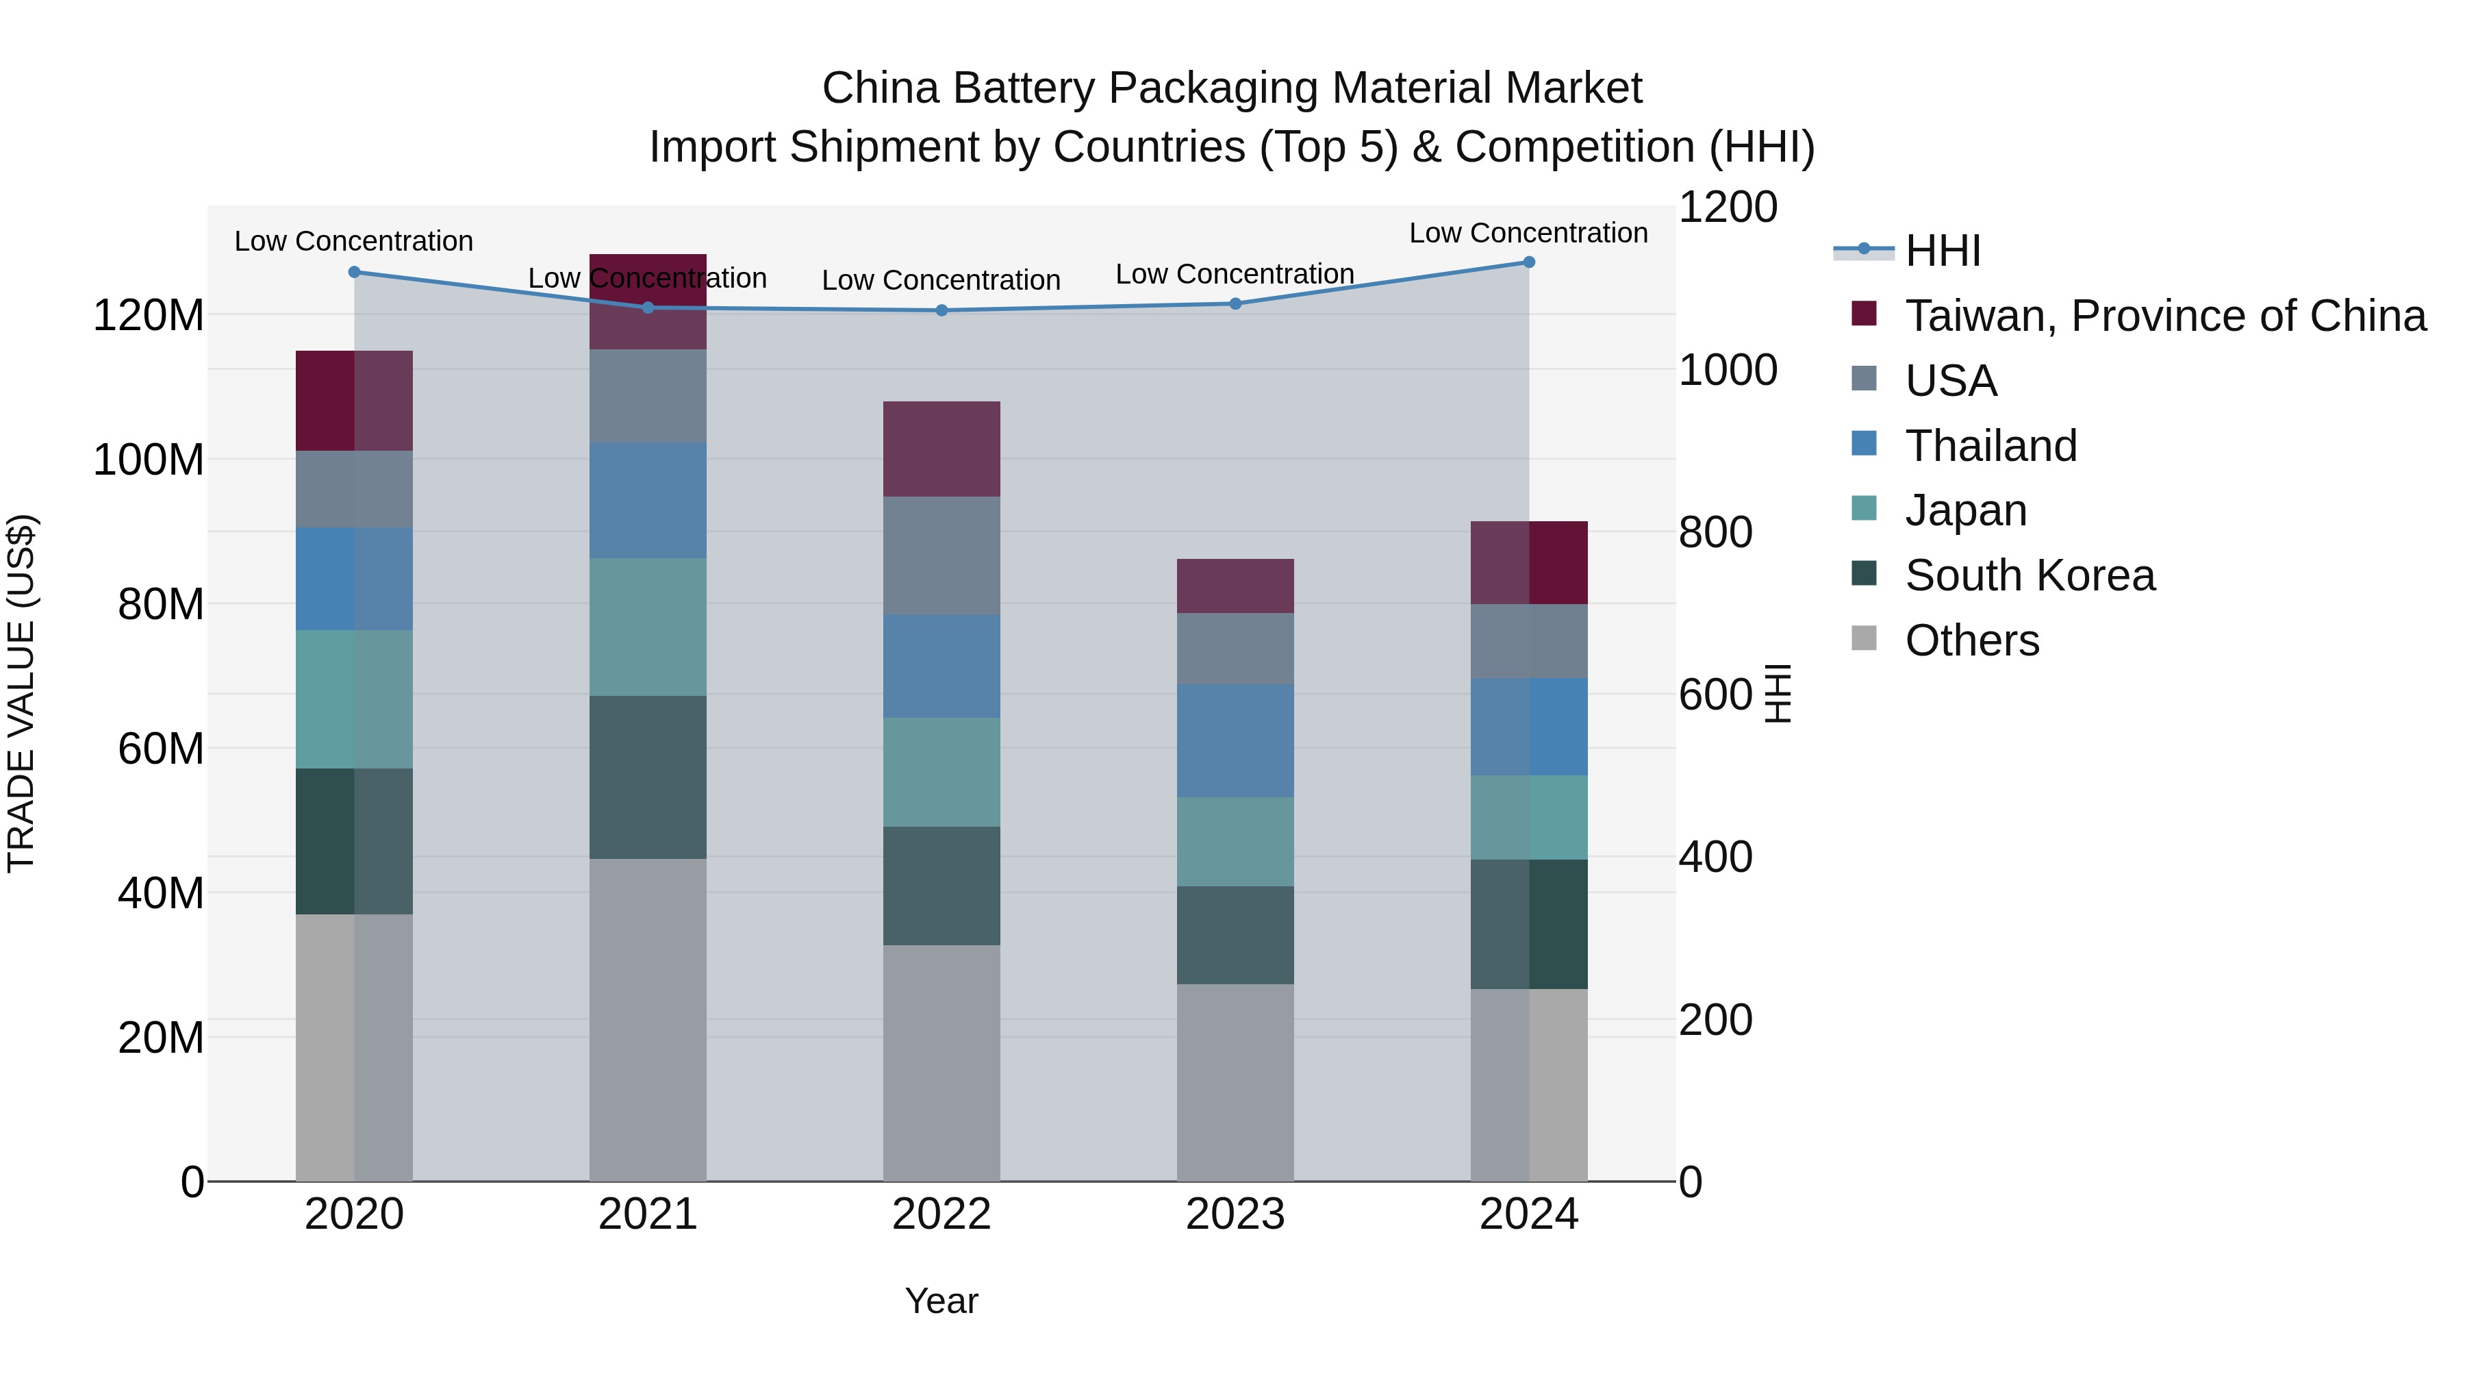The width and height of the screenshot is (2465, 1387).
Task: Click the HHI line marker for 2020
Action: (x=354, y=272)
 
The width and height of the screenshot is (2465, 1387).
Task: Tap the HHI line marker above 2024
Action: (x=1528, y=262)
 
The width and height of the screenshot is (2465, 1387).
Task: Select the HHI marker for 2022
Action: (x=941, y=310)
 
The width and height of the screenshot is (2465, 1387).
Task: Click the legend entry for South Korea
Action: (x=2029, y=575)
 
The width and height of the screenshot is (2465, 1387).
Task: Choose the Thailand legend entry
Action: (x=1990, y=446)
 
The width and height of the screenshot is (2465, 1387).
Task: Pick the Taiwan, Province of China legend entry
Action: (x=2164, y=316)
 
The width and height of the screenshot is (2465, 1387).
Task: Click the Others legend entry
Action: (x=1971, y=640)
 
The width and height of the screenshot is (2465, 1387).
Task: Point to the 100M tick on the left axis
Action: (x=149, y=460)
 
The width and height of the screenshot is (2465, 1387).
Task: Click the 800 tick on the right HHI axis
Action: (x=1715, y=532)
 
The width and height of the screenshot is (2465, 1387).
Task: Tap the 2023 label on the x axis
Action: (x=1235, y=1214)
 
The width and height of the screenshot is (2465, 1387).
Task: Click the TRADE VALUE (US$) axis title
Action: (x=21, y=693)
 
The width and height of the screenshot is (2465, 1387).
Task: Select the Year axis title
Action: (x=941, y=1301)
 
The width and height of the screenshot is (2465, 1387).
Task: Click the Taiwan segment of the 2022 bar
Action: (x=941, y=449)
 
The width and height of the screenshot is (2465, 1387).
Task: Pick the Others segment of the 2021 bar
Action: (x=648, y=1019)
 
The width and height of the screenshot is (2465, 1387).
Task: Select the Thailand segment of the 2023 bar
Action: (x=1235, y=741)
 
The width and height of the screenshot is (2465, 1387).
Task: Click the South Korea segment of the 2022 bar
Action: (x=941, y=886)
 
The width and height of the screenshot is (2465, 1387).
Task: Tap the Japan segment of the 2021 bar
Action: (x=648, y=627)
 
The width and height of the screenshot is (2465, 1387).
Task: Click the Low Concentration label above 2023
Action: (x=1235, y=274)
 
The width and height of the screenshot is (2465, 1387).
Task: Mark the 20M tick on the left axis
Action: (x=161, y=1038)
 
